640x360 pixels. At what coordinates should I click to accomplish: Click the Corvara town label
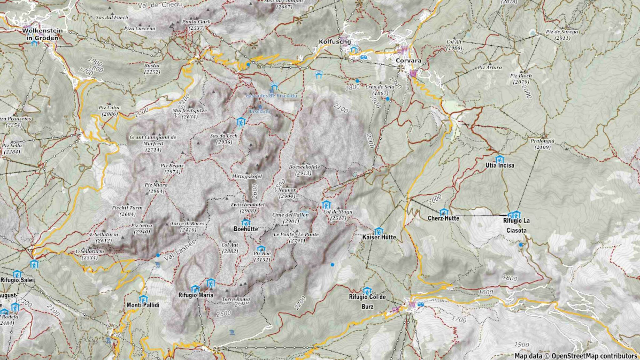pyautogui.click(x=408, y=60)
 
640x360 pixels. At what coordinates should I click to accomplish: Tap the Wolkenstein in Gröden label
pyautogui.click(x=42, y=34)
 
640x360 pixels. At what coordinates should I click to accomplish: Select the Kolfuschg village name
pyautogui.click(x=335, y=42)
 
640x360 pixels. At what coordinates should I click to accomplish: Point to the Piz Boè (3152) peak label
pyautogui.click(x=262, y=257)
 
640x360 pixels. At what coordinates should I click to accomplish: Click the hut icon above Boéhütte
pyautogui.click(x=246, y=222)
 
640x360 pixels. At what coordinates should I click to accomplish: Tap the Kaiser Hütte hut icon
pyautogui.click(x=378, y=231)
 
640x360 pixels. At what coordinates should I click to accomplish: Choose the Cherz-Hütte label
pyautogui.click(x=443, y=218)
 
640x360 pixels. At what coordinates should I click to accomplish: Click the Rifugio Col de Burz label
pyautogui.click(x=367, y=302)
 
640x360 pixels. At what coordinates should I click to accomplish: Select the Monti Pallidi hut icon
pyautogui.click(x=143, y=299)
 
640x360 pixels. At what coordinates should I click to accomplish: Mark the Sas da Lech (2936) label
pyautogui.click(x=224, y=139)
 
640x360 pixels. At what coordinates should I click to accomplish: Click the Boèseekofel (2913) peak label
pyautogui.click(x=303, y=170)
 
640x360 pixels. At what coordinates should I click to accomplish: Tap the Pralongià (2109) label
pyautogui.click(x=542, y=144)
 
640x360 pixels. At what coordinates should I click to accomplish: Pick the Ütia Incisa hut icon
pyautogui.click(x=500, y=159)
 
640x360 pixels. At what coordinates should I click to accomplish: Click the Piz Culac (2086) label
pyautogui.click(x=109, y=111)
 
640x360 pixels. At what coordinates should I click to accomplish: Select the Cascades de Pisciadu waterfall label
pyautogui.click(x=271, y=96)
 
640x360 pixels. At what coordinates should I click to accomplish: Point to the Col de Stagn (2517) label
pyautogui.click(x=338, y=215)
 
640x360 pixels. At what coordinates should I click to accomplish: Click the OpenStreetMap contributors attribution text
pyautogui.click(x=594, y=356)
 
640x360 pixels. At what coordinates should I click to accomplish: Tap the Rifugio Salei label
pyautogui.click(x=17, y=280)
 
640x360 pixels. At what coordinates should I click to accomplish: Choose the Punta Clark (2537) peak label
pyautogui.click(x=196, y=25)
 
